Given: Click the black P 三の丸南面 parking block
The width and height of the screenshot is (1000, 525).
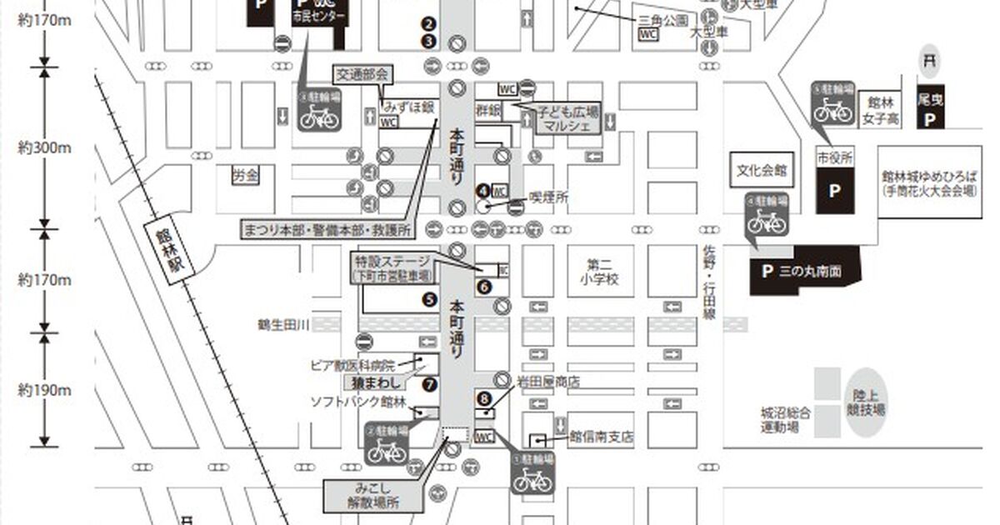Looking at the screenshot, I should pos(804,271).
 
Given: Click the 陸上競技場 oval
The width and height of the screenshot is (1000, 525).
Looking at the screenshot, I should pos(867,402).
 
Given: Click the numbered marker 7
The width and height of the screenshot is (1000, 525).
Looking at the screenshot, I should pos(429,384).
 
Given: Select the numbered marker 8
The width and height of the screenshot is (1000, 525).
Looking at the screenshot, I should pos(484,397).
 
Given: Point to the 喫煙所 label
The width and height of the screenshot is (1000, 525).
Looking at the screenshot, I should pos(549,197).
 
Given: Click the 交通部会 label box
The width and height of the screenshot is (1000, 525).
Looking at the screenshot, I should pos(362,74).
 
